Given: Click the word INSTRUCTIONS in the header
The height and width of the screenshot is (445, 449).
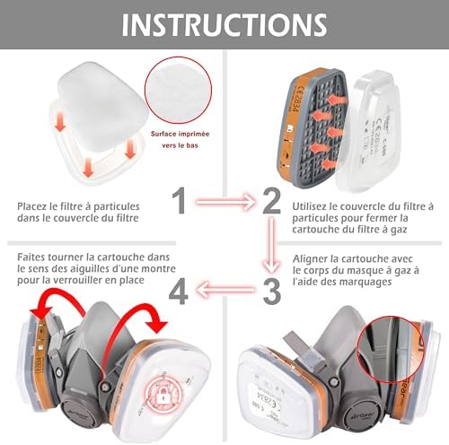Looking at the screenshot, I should click(224, 24).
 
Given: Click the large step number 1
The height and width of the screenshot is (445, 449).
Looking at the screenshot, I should click(180, 200).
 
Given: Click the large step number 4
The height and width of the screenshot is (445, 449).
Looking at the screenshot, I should click(180, 289).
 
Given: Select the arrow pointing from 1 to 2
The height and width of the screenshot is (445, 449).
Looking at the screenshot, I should click(224, 201).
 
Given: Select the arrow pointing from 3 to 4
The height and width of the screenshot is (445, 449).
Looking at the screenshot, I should click(224, 289).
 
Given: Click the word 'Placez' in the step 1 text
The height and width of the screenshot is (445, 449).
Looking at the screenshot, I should click(34, 206).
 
